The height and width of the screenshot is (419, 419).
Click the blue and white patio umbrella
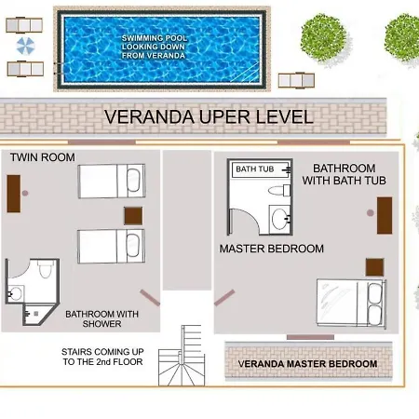tap(25, 46)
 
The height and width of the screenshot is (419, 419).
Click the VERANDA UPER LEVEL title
tap(209, 116)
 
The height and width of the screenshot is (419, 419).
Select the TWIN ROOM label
tap(43, 157)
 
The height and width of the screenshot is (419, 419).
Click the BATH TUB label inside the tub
tap(255, 169)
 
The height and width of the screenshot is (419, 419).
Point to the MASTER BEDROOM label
tap(272, 249)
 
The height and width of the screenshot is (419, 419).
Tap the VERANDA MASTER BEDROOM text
tap(307, 364)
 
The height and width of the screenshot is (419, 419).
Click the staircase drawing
tap(182, 356)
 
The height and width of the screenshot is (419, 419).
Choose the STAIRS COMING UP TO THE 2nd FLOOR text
tap(102, 357)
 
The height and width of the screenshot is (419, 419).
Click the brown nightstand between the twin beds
tap(133, 216)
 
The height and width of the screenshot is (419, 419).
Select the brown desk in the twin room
tap(14, 194)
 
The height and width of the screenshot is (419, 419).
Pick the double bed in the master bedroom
tap(351, 303)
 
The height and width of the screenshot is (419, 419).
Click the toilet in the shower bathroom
tap(46, 269)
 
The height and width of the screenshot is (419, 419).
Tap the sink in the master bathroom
tap(280, 219)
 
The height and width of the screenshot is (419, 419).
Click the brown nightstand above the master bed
tap(374, 267)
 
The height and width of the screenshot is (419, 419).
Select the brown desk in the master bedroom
tap(385, 215)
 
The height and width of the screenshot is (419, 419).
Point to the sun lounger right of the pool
tap(296, 80)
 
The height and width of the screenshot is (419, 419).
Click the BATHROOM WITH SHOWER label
tap(102, 318)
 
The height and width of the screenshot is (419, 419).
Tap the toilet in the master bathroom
tap(279, 190)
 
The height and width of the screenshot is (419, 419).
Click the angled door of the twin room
tap(150, 298)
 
